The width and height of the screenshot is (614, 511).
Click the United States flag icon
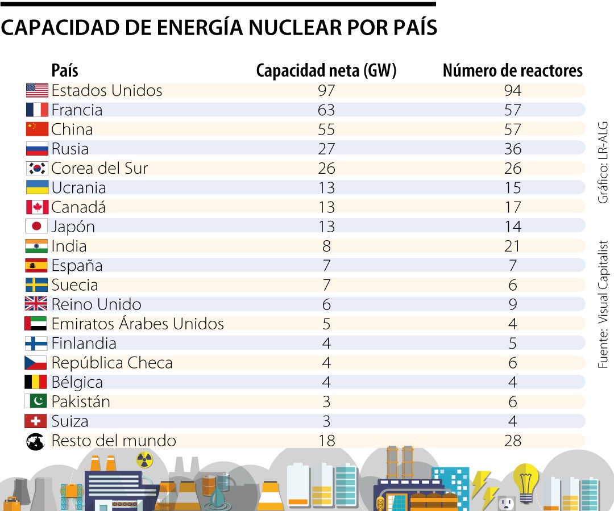click(x=37, y=90)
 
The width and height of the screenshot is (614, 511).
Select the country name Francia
click(x=77, y=110)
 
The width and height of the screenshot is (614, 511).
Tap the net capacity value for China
click(x=326, y=129)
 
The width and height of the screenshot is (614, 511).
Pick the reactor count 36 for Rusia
click(x=512, y=149)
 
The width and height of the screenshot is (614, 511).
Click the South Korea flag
click(x=37, y=168)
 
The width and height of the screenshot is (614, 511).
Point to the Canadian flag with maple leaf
click(x=37, y=207)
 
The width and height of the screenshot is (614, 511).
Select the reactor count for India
click(x=512, y=246)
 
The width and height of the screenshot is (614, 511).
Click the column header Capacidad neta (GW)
click(x=326, y=70)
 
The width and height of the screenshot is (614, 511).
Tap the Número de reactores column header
click(x=512, y=70)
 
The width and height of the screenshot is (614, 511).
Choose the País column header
click(x=64, y=70)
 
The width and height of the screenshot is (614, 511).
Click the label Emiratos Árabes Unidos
click(x=137, y=324)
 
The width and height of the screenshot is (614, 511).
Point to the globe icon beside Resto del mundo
click(x=36, y=441)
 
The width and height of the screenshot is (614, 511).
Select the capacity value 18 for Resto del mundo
click(x=326, y=441)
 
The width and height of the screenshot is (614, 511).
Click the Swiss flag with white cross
click(x=36, y=421)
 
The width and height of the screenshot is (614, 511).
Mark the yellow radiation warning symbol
click(x=144, y=460)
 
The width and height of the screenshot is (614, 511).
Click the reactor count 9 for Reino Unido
click(x=512, y=304)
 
